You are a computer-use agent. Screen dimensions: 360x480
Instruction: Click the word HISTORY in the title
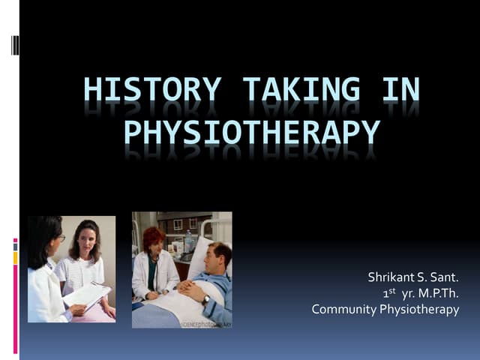point(139,90)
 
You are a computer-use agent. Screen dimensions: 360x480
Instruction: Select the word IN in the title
point(400,90)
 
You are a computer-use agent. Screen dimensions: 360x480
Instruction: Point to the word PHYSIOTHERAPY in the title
point(250,133)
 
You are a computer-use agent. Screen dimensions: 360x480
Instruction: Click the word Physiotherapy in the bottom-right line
point(421,309)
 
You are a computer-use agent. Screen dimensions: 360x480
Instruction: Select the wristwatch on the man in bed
point(205,300)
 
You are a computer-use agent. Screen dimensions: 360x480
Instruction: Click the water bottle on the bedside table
point(188,241)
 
